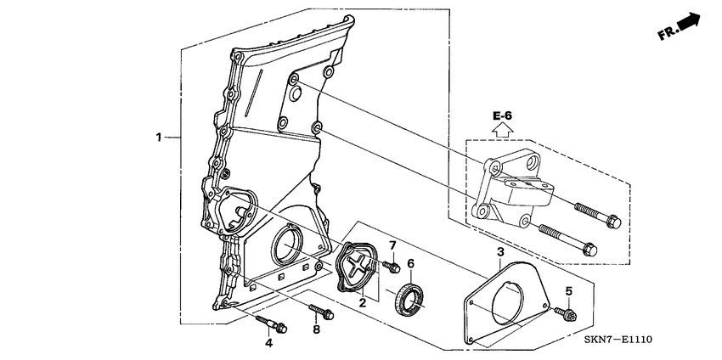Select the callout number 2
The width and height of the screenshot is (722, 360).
click(x=362, y=301)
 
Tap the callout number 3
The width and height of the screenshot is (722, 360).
click(x=500, y=252)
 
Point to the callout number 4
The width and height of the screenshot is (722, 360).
click(x=268, y=344)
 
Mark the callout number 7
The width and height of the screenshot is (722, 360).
click(x=392, y=245)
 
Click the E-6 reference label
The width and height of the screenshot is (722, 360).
click(x=502, y=115)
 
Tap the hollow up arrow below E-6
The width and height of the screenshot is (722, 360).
click(x=502, y=130)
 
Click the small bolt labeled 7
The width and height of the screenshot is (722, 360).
click(x=392, y=267)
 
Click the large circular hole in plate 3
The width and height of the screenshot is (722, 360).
click(x=512, y=301)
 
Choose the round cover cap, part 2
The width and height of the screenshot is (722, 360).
click(x=358, y=267)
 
